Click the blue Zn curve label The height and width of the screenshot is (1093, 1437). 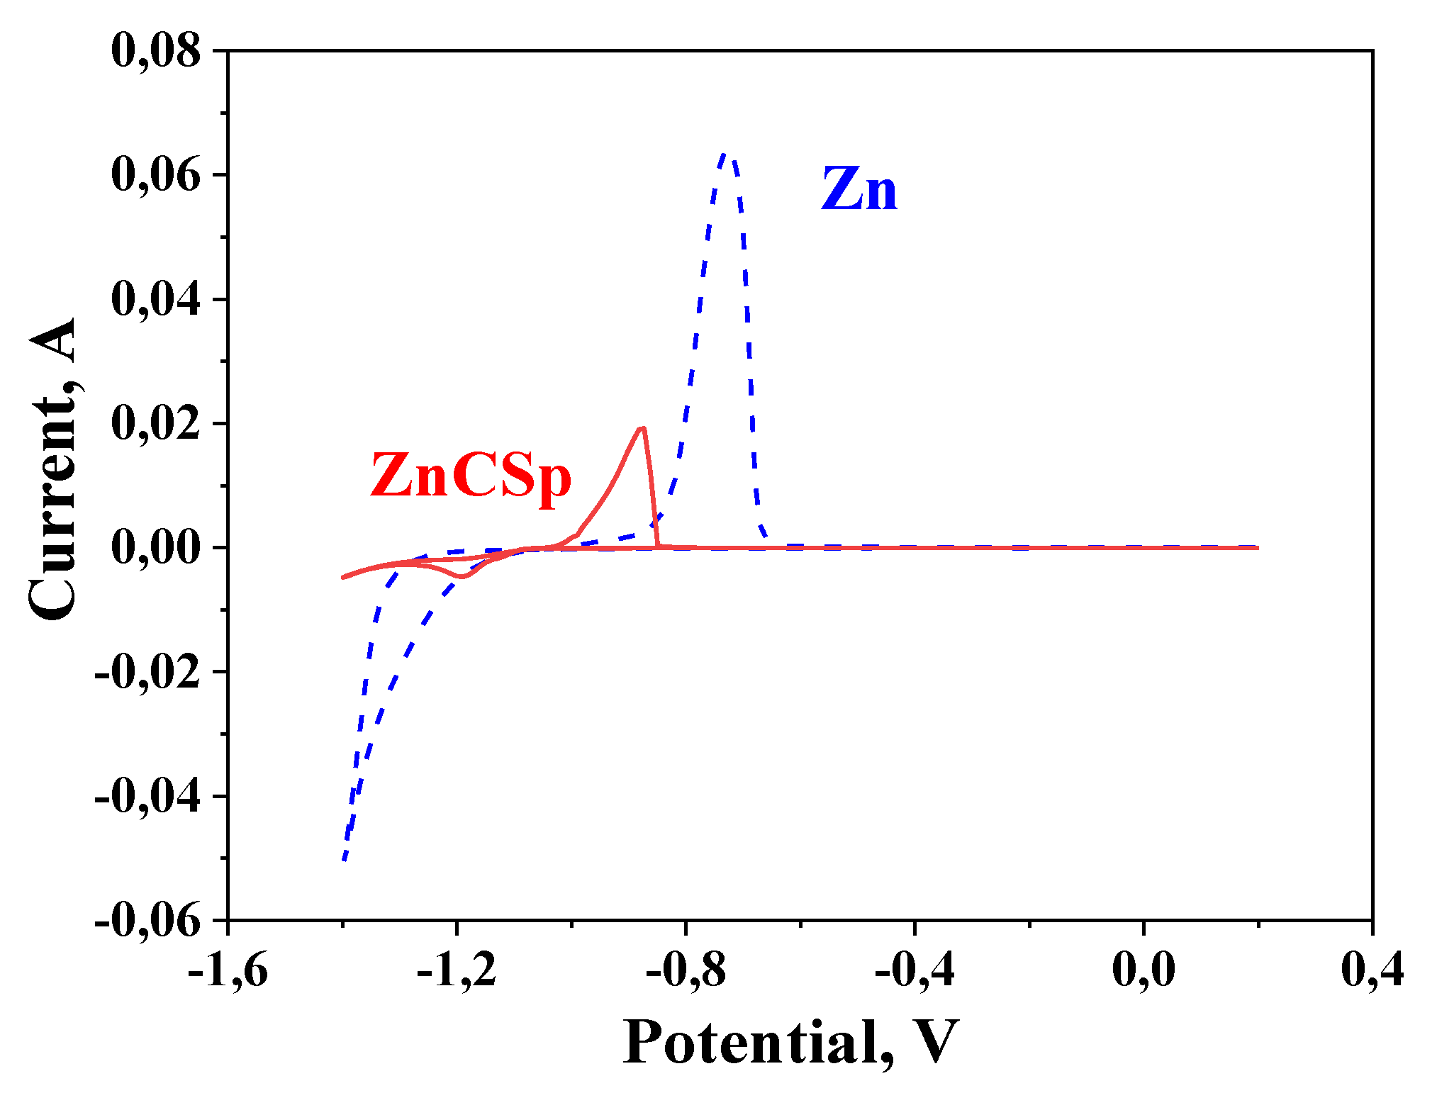tap(859, 190)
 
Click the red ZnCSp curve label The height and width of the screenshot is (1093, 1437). tap(471, 476)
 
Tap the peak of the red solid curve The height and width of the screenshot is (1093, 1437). tap(642, 428)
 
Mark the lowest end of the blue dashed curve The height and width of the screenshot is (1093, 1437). tap(344, 859)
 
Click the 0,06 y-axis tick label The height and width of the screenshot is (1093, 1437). tap(156, 175)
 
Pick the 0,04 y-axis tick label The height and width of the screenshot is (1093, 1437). tap(156, 299)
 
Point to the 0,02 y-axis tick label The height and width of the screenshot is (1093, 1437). tap(156, 424)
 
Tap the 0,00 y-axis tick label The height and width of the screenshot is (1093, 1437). tap(156, 548)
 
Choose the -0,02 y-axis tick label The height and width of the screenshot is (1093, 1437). tap(147, 672)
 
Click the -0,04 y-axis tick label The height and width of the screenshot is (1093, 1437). tap(147, 797)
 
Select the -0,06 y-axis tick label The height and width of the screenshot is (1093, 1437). tap(147, 921)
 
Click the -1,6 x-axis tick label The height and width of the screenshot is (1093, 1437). tap(228, 969)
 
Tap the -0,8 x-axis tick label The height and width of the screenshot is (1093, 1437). tap(686, 969)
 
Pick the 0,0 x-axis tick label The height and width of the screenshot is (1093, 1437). tap(1144, 969)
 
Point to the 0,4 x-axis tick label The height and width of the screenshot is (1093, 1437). tap(1372, 969)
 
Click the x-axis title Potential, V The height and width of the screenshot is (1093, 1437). tap(790, 1042)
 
